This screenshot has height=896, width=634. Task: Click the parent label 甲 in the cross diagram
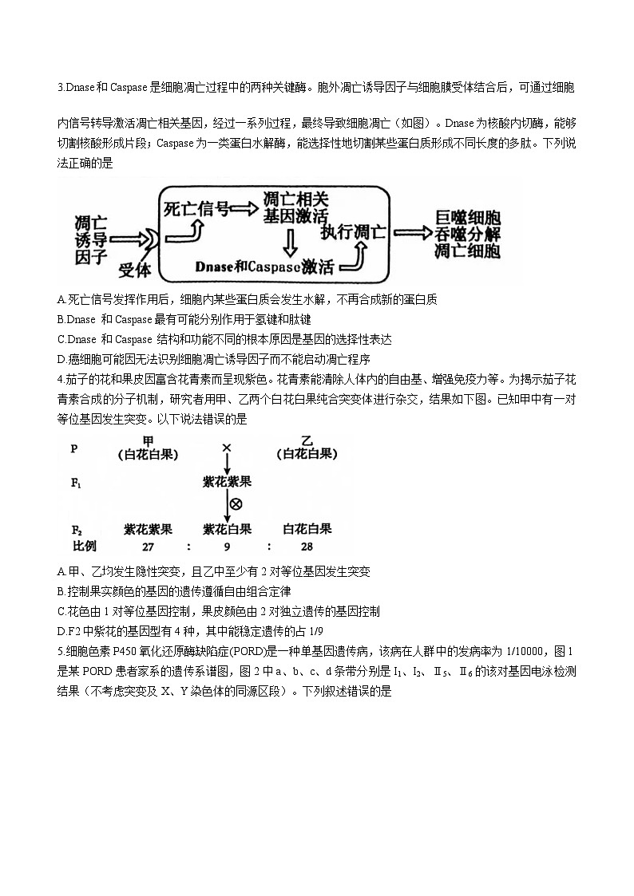(148, 441)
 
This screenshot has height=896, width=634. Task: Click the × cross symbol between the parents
(227, 448)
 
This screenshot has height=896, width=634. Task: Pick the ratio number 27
(148, 546)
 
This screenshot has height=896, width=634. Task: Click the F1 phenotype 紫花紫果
(228, 482)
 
